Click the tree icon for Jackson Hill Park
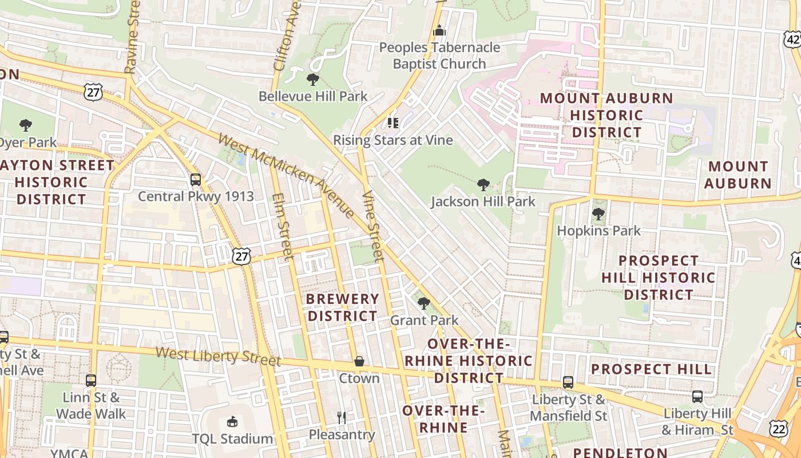[x=483, y=184]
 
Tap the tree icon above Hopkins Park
[x=598, y=214]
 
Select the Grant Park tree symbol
[x=423, y=303]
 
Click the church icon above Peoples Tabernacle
[x=439, y=30]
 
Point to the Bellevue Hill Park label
[x=313, y=96]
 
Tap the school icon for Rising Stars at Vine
[x=392, y=123]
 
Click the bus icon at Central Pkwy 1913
[x=196, y=180]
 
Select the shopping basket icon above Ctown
[x=359, y=361]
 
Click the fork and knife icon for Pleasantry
[x=342, y=417]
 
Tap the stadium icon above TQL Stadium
[x=232, y=422]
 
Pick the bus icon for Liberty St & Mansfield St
[x=568, y=382]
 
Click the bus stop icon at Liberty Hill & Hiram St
[x=697, y=396]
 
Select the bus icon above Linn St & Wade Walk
[x=90, y=380]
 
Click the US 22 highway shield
[x=779, y=429]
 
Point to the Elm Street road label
[x=283, y=226]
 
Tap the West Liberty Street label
[x=218, y=355]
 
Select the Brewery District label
[x=342, y=307]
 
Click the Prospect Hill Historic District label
[x=658, y=278]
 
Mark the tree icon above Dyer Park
[x=25, y=125]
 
